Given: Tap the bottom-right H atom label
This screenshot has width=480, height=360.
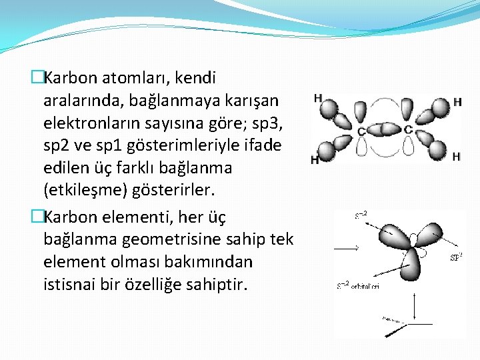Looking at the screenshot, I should [456, 157].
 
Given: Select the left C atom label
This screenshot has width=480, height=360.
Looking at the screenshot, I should [361, 131].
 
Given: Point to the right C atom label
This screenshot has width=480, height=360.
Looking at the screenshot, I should [408, 128].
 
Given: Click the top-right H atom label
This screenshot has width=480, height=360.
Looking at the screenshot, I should [457, 102].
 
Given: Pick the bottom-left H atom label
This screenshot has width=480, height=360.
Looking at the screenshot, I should [314, 160].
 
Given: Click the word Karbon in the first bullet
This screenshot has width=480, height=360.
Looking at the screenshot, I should [70, 78].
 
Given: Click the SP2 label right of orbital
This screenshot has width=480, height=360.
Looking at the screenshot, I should [456, 256].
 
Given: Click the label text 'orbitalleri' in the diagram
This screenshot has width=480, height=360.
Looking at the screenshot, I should [367, 286].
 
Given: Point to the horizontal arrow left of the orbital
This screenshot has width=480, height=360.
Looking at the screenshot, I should [346, 248].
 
